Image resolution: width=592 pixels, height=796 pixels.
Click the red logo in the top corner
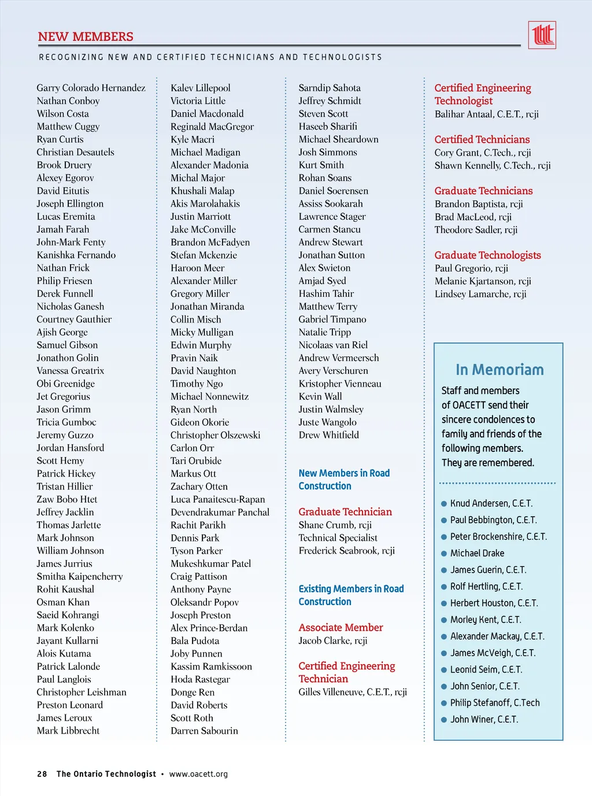[x=542, y=35]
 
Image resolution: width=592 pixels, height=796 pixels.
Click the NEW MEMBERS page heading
[x=86, y=37]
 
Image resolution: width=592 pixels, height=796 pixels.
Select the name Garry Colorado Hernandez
[x=91, y=88]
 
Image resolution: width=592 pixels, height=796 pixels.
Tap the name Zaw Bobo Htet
[x=67, y=499]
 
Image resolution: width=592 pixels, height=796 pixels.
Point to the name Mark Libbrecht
[x=68, y=731]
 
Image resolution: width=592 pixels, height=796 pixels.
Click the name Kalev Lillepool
[x=200, y=88]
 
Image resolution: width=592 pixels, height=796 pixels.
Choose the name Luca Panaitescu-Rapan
[x=217, y=499]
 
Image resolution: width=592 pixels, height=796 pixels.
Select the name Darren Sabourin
[x=204, y=731]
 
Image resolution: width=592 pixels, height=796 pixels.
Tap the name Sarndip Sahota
[x=330, y=88]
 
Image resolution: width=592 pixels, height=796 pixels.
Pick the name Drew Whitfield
[x=328, y=435]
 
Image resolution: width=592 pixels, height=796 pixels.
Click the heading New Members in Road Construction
[x=344, y=480]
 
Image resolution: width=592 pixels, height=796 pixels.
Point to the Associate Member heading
[x=341, y=628]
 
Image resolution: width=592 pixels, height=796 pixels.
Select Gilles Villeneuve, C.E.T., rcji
[x=353, y=692]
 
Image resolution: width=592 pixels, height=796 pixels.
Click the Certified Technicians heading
[x=482, y=139]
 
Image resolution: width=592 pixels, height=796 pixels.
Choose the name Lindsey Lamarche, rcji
[x=480, y=294]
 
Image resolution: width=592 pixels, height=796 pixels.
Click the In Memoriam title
[x=499, y=370]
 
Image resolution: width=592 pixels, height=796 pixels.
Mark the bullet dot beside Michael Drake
[x=444, y=554]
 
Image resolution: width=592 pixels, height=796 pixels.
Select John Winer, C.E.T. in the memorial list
[x=484, y=720]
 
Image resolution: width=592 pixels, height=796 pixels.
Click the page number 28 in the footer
[x=42, y=774]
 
